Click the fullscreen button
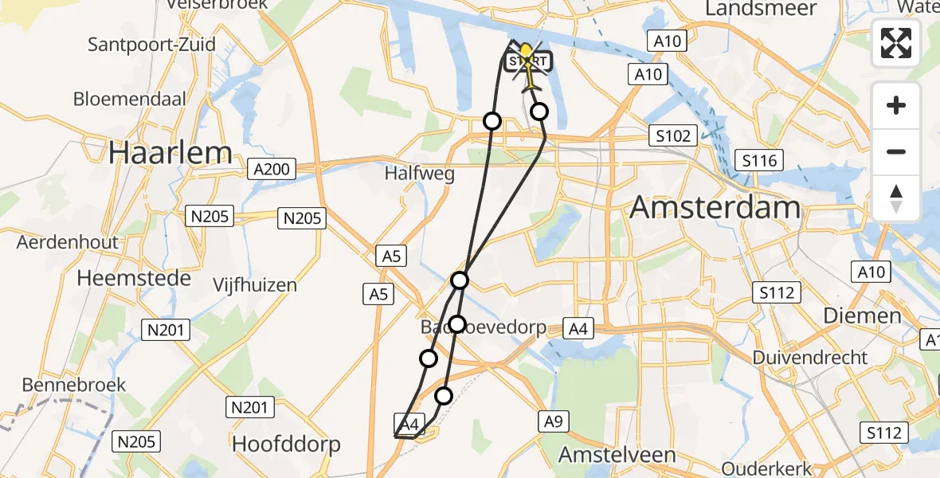pyautogui.click(x=896, y=43)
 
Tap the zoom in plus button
pyautogui.click(x=896, y=105)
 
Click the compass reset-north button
pyautogui.click(x=896, y=198)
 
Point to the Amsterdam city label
pyautogui.click(x=715, y=208)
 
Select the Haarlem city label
pyautogui.click(x=170, y=152)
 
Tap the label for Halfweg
pyautogui.click(x=419, y=174)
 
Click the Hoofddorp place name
pyautogui.click(x=286, y=444)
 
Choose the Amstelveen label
pyautogui.click(x=617, y=455)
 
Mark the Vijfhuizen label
pyautogui.click(x=255, y=284)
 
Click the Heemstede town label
pyautogui.click(x=134, y=278)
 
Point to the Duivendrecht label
pyautogui.click(x=810, y=358)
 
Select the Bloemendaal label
pyautogui.click(x=130, y=100)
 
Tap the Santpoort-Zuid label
pyautogui.click(x=151, y=44)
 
